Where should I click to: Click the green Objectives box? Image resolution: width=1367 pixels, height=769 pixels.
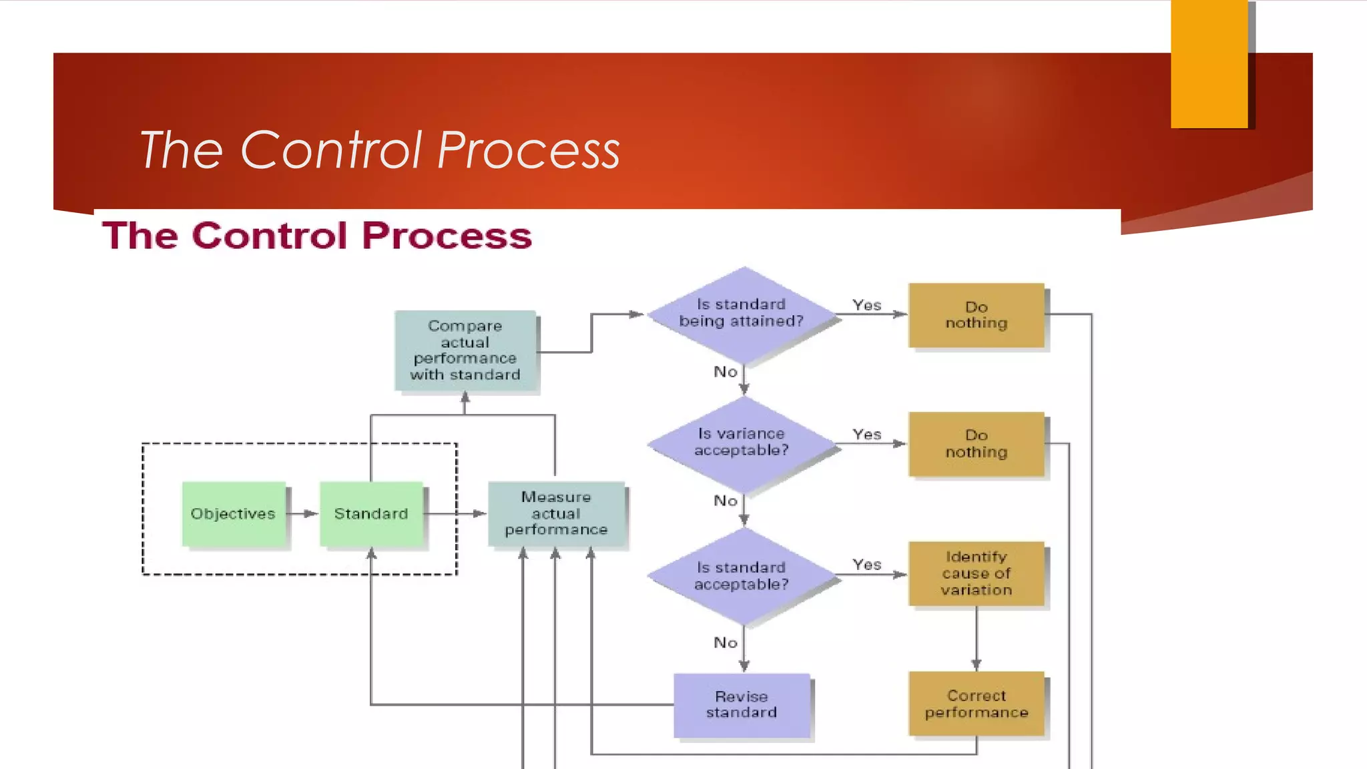(233, 513)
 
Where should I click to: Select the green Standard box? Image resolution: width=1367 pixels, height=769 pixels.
(371, 513)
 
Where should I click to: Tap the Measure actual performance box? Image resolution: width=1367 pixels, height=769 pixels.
(556, 513)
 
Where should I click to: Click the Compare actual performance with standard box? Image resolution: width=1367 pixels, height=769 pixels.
(465, 350)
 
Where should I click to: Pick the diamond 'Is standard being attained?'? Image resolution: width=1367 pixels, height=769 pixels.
(742, 314)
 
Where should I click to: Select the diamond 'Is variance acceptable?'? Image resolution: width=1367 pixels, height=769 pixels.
(742, 443)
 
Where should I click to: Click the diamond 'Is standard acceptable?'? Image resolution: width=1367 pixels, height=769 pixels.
(742, 575)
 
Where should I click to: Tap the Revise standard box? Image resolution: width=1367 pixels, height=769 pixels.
(742, 705)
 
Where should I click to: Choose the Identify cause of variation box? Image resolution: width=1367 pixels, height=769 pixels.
(976, 573)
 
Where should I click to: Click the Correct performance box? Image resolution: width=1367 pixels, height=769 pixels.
(976, 704)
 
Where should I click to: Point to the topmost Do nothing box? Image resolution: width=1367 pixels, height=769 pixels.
(976, 315)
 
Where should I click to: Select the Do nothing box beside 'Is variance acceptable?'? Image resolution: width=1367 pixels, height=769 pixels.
(976, 444)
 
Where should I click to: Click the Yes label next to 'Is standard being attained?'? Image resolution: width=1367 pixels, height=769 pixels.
(866, 305)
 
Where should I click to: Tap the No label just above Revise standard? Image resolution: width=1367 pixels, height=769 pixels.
(726, 642)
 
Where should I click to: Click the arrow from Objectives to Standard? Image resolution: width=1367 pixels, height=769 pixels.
(302, 513)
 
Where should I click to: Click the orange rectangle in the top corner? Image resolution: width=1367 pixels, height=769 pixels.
(1209, 63)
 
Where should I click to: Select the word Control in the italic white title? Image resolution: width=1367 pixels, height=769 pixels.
(330, 150)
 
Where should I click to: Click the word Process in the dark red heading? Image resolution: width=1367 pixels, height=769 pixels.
(447, 236)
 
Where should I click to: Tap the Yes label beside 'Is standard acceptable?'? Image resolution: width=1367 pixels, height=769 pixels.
(866, 565)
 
